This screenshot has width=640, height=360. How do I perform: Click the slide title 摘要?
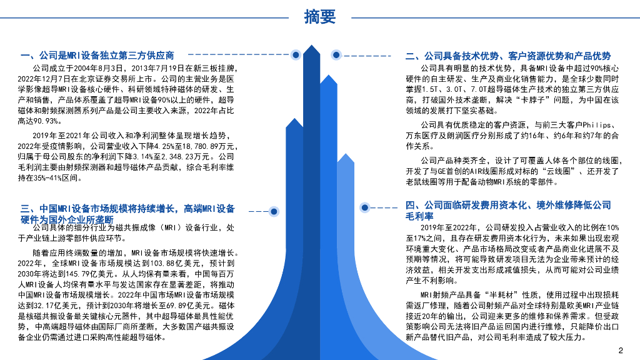point(319,17)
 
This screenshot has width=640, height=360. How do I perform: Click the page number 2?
point(621,350)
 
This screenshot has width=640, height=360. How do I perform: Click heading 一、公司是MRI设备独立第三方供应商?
point(97,55)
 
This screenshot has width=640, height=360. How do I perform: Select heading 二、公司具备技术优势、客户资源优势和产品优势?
point(507,56)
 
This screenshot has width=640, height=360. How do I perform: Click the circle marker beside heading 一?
point(296,55)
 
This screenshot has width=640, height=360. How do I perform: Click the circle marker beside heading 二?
point(336,56)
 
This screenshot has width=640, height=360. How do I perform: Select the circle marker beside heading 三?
point(274,211)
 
